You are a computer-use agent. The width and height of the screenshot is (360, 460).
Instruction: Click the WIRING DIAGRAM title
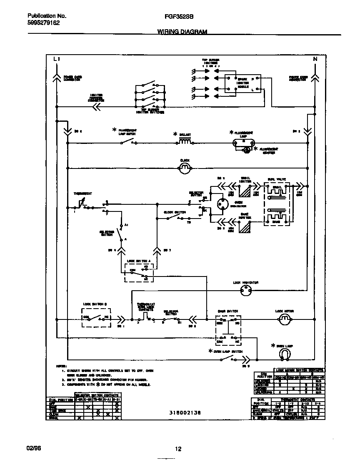point(182,32)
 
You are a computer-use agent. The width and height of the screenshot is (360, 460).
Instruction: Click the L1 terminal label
point(57,60)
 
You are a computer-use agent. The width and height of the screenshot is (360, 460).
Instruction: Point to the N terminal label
point(315,60)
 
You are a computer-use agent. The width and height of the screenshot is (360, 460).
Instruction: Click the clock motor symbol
point(184,168)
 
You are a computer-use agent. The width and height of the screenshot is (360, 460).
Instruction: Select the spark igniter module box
point(244,84)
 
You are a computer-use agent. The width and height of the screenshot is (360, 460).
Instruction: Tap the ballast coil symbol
point(185,142)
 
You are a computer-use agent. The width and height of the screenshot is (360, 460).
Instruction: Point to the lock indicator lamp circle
point(246,291)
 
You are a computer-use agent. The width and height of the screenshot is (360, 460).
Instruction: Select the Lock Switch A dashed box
point(139,271)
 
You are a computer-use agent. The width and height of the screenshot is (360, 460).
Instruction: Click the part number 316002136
point(185,412)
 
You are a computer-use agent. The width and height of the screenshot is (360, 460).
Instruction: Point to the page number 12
point(178,449)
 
